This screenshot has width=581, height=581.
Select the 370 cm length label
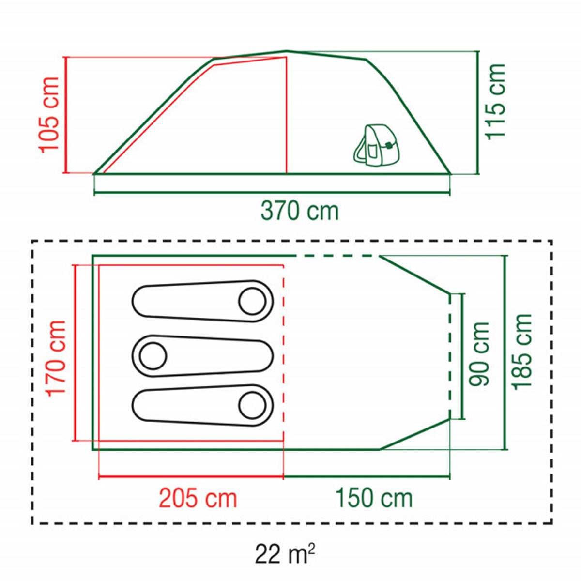coord(300,212)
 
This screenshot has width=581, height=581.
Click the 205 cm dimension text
coord(198,499)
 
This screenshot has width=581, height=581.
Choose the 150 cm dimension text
coord(374,499)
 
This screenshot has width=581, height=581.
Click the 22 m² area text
coord(285,554)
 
